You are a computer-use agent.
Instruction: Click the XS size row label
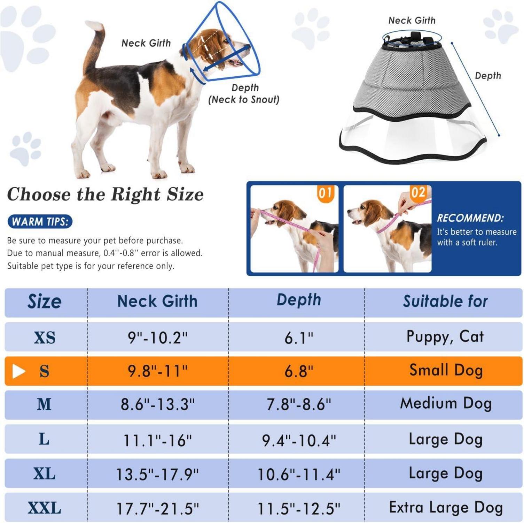(x=45, y=338)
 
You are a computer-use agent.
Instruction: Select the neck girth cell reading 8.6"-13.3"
(x=158, y=404)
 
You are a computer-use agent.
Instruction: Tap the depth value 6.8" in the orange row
(x=299, y=371)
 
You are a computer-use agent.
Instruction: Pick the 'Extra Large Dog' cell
(x=446, y=507)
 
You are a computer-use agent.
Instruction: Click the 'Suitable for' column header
(x=445, y=301)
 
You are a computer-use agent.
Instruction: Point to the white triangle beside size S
(x=18, y=371)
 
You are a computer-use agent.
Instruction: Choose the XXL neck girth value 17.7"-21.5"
(x=157, y=509)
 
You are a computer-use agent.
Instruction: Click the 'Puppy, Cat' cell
(x=445, y=337)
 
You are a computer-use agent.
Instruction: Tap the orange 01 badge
(x=325, y=193)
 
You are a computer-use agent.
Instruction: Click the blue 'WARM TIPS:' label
(x=40, y=222)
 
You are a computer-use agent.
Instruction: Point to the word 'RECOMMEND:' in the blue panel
(x=470, y=218)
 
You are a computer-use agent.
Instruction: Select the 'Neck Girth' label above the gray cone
(x=412, y=21)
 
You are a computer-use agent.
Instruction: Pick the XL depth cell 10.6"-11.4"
(x=299, y=475)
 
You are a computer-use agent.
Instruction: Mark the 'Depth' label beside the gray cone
(x=488, y=76)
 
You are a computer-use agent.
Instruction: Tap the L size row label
(x=44, y=439)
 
